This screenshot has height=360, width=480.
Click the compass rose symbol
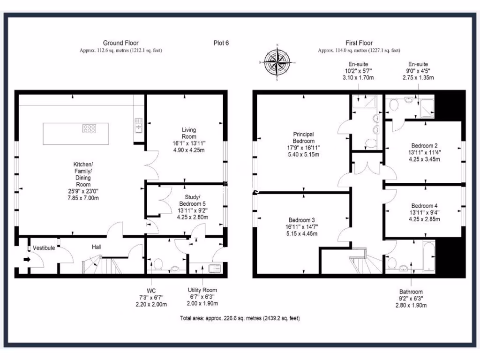tap(277, 62)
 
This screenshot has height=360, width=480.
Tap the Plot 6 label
tap(220, 43)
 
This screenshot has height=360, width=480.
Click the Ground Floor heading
tap(120, 43)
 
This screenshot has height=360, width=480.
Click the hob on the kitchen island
tap(89, 127)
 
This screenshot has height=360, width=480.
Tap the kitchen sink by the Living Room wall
tap(139, 125)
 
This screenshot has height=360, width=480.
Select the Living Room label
tap(189, 133)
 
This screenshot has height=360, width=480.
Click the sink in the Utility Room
tap(215, 268)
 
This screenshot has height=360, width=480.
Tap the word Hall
tap(97, 247)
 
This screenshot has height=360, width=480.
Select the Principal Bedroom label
tap(303, 138)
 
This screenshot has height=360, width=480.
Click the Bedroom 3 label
tap(301, 220)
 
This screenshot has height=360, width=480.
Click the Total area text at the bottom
tap(240, 318)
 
